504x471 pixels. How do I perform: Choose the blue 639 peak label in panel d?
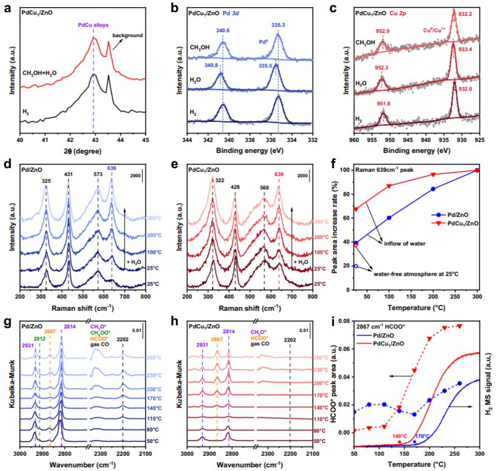pyautogui.click(x=111, y=169)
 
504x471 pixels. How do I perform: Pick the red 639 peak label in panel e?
pyautogui.click(x=279, y=175)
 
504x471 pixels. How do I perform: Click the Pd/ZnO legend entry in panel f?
pyautogui.click(x=443, y=215)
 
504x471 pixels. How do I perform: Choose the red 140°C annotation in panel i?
pyautogui.click(x=399, y=436)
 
